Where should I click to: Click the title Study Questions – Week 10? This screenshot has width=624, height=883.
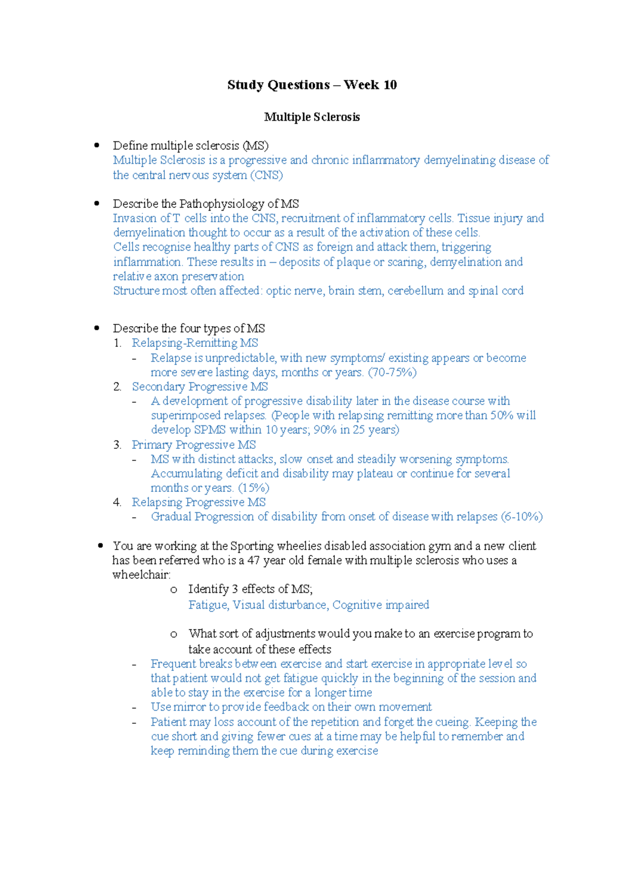(312, 85)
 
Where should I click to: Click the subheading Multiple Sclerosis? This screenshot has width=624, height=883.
(312, 117)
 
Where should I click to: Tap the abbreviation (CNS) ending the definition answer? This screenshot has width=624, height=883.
(266, 175)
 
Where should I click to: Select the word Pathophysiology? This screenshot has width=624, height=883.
(222, 204)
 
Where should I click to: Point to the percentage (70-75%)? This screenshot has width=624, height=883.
(392, 372)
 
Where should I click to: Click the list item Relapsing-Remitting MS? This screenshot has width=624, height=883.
(195, 343)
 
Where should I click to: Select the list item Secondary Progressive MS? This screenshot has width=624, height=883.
(200, 387)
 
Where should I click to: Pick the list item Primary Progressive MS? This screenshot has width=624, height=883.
(194, 445)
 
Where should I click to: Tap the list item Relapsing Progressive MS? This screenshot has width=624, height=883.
(199, 502)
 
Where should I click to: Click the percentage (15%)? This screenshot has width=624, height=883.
(253, 488)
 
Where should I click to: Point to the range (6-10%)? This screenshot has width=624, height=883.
(522, 517)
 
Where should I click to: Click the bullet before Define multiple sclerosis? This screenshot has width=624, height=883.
(97, 146)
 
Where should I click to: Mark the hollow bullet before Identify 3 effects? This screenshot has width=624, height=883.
(174, 590)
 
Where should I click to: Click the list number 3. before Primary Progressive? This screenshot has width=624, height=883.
(117, 445)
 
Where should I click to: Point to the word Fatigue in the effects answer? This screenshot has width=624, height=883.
(207, 605)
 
